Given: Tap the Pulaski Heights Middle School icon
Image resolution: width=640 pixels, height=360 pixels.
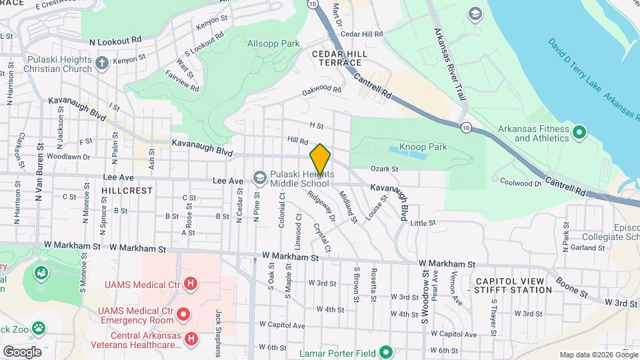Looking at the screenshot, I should (259, 177).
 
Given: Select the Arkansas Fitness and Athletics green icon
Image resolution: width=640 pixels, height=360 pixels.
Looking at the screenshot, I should (579, 133).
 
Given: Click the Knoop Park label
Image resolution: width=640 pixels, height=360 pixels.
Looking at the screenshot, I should (423, 147).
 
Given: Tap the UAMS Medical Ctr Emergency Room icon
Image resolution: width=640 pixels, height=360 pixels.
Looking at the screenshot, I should (183, 313).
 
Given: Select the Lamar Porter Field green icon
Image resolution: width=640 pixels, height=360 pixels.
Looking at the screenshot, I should (385, 352).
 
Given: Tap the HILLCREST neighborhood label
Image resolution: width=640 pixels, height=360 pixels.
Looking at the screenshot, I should (127, 190).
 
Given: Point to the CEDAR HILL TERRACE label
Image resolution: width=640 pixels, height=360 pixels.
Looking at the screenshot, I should (335, 57).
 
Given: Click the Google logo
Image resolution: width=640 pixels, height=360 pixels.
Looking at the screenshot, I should (22, 351).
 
